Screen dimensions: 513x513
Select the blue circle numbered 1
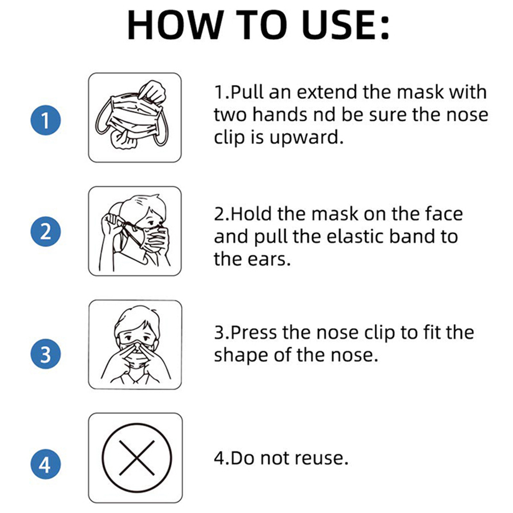coord(46,120)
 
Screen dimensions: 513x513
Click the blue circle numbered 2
coord(46,231)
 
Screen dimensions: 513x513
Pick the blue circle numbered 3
coord(46,354)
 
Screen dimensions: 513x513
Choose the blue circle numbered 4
coord(46,464)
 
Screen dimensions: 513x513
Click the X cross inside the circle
coord(137,458)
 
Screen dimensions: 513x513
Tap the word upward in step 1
coord(306,138)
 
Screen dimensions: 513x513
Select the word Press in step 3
coord(253,332)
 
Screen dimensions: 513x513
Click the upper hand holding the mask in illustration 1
coord(152,91)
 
